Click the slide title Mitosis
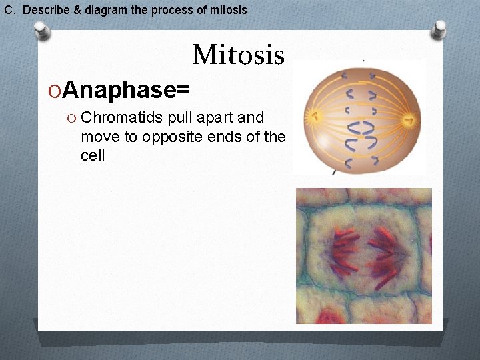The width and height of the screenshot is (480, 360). click(239, 55)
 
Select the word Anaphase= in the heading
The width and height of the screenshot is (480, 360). click(127, 89)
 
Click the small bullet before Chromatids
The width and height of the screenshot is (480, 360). click(71, 118)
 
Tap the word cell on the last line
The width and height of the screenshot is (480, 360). click(93, 157)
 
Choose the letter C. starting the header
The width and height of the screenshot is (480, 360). click(10, 10)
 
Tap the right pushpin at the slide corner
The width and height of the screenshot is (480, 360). click(439, 29)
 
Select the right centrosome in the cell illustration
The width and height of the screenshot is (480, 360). click(409, 120)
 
